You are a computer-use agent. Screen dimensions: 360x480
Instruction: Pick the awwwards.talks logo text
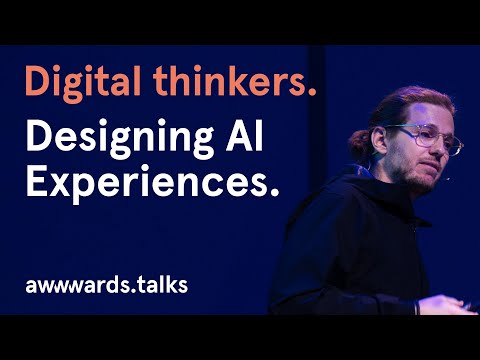tap(106, 284)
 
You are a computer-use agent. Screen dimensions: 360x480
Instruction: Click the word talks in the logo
tap(160, 284)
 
